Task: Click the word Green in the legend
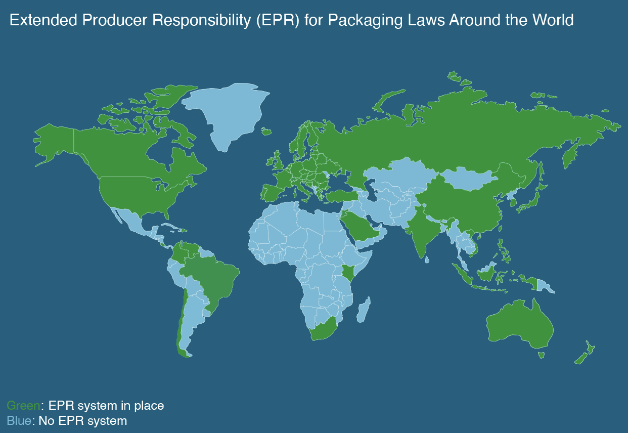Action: (23, 406)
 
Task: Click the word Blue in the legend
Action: (19, 420)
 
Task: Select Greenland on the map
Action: (228, 111)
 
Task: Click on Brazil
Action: (212, 278)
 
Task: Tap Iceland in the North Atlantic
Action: (266, 132)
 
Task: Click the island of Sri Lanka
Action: (428, 260)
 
